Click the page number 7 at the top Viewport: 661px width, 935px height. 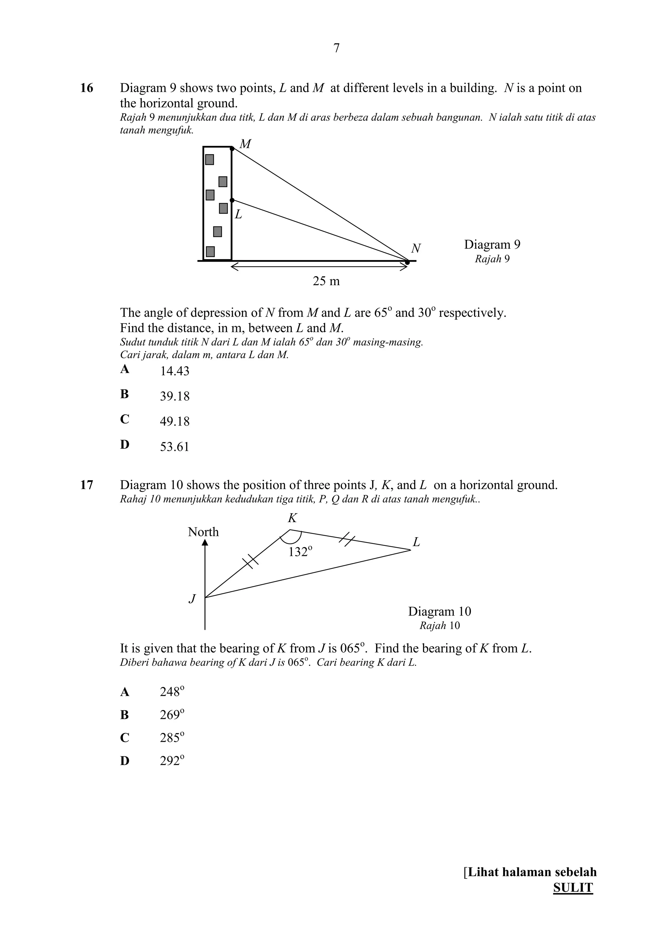(336, 48)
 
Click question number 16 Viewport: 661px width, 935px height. (87, 88)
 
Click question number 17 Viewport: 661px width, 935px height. (87, 485)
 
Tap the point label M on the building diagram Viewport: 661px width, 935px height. (245, 144)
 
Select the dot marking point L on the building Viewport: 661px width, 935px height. (232, 200)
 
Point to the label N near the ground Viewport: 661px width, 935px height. (416, 248)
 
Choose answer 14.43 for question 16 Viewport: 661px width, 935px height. (174, 371)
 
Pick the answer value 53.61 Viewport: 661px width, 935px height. (174, 447)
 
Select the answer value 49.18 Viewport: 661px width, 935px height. (174, 421)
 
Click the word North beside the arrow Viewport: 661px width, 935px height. (203, 532)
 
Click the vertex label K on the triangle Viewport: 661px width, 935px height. (292, 518)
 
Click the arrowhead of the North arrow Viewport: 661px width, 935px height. (205, 543)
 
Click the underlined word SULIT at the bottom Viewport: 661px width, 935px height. (573, 888)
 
